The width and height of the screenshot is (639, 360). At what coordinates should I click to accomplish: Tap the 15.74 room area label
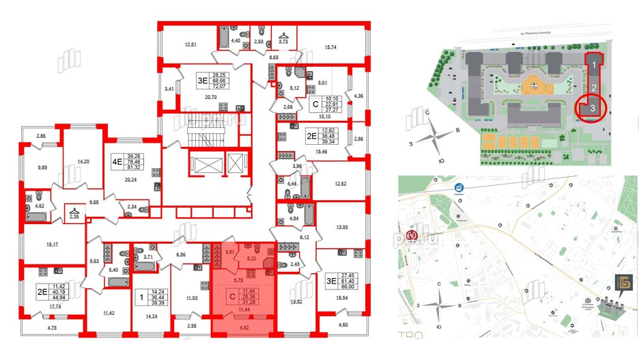tap(331, 46)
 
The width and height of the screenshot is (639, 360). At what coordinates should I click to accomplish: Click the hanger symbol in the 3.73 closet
tap(284, 33)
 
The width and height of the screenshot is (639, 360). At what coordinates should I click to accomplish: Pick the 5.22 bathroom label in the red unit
tap(251, 259)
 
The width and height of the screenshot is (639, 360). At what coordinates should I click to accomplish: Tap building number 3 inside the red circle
tap(594, 107)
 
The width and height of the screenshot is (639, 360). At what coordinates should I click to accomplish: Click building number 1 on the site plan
tap(595, 66)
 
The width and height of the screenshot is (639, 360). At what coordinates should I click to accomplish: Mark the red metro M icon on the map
tap(411, 235)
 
